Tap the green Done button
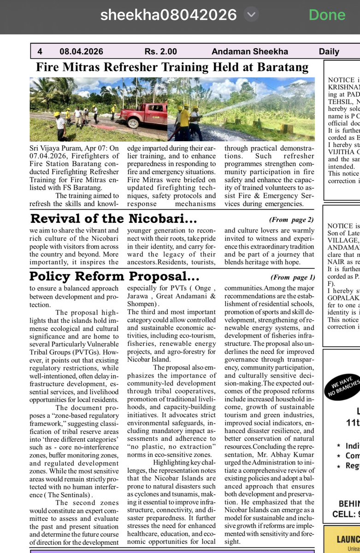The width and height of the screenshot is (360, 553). point(327,15)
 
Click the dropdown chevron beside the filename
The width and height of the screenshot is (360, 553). point(251,15)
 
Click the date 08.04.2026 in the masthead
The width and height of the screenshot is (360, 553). point(81,52)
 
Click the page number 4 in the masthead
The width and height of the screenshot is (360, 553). point(40,52)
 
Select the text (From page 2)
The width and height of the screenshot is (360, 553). point(291,220)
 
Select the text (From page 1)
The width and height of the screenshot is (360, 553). point(293,277)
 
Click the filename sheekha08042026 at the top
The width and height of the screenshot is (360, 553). point(169,15)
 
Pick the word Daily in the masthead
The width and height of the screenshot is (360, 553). point(329,52)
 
